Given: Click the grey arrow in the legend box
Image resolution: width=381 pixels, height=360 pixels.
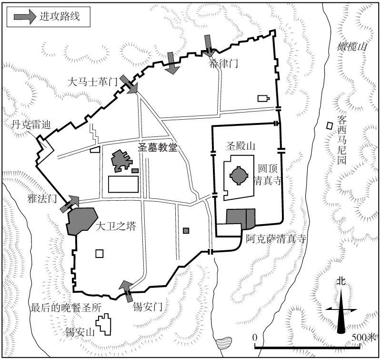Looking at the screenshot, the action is coord(25,17).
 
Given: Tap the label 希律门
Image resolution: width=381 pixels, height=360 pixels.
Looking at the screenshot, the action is coord(223,64).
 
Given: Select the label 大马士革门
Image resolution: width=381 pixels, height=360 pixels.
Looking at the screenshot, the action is coord(92,82).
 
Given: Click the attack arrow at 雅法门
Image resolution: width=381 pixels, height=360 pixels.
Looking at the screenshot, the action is coord(70,204).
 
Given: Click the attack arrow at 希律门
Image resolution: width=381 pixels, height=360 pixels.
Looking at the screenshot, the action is coord(208,46).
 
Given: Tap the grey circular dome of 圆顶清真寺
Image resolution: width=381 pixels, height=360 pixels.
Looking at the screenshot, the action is coord(239,175).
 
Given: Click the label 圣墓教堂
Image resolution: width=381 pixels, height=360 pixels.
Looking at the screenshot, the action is coord(158,147).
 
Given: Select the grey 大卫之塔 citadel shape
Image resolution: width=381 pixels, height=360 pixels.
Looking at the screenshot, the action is coord(82,221).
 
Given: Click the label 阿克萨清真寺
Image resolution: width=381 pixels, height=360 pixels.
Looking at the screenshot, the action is coord(276,239).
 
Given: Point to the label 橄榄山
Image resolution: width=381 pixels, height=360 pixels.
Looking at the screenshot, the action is coord(351,47).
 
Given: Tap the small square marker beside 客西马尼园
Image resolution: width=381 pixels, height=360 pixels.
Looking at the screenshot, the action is coord(330,126).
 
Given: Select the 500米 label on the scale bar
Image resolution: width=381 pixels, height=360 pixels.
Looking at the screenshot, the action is coord(364,338).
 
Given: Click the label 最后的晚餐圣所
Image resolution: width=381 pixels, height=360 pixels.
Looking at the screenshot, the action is coord(66,308).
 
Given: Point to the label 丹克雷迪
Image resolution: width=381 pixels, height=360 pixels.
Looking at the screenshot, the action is coord(31,124).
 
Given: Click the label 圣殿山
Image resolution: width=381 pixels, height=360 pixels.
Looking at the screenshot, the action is coord(241,146).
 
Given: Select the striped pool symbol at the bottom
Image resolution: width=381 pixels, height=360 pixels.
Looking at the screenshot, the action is coord(223,343).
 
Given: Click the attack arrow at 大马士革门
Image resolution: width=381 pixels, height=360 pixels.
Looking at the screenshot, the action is coord(129,84).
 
